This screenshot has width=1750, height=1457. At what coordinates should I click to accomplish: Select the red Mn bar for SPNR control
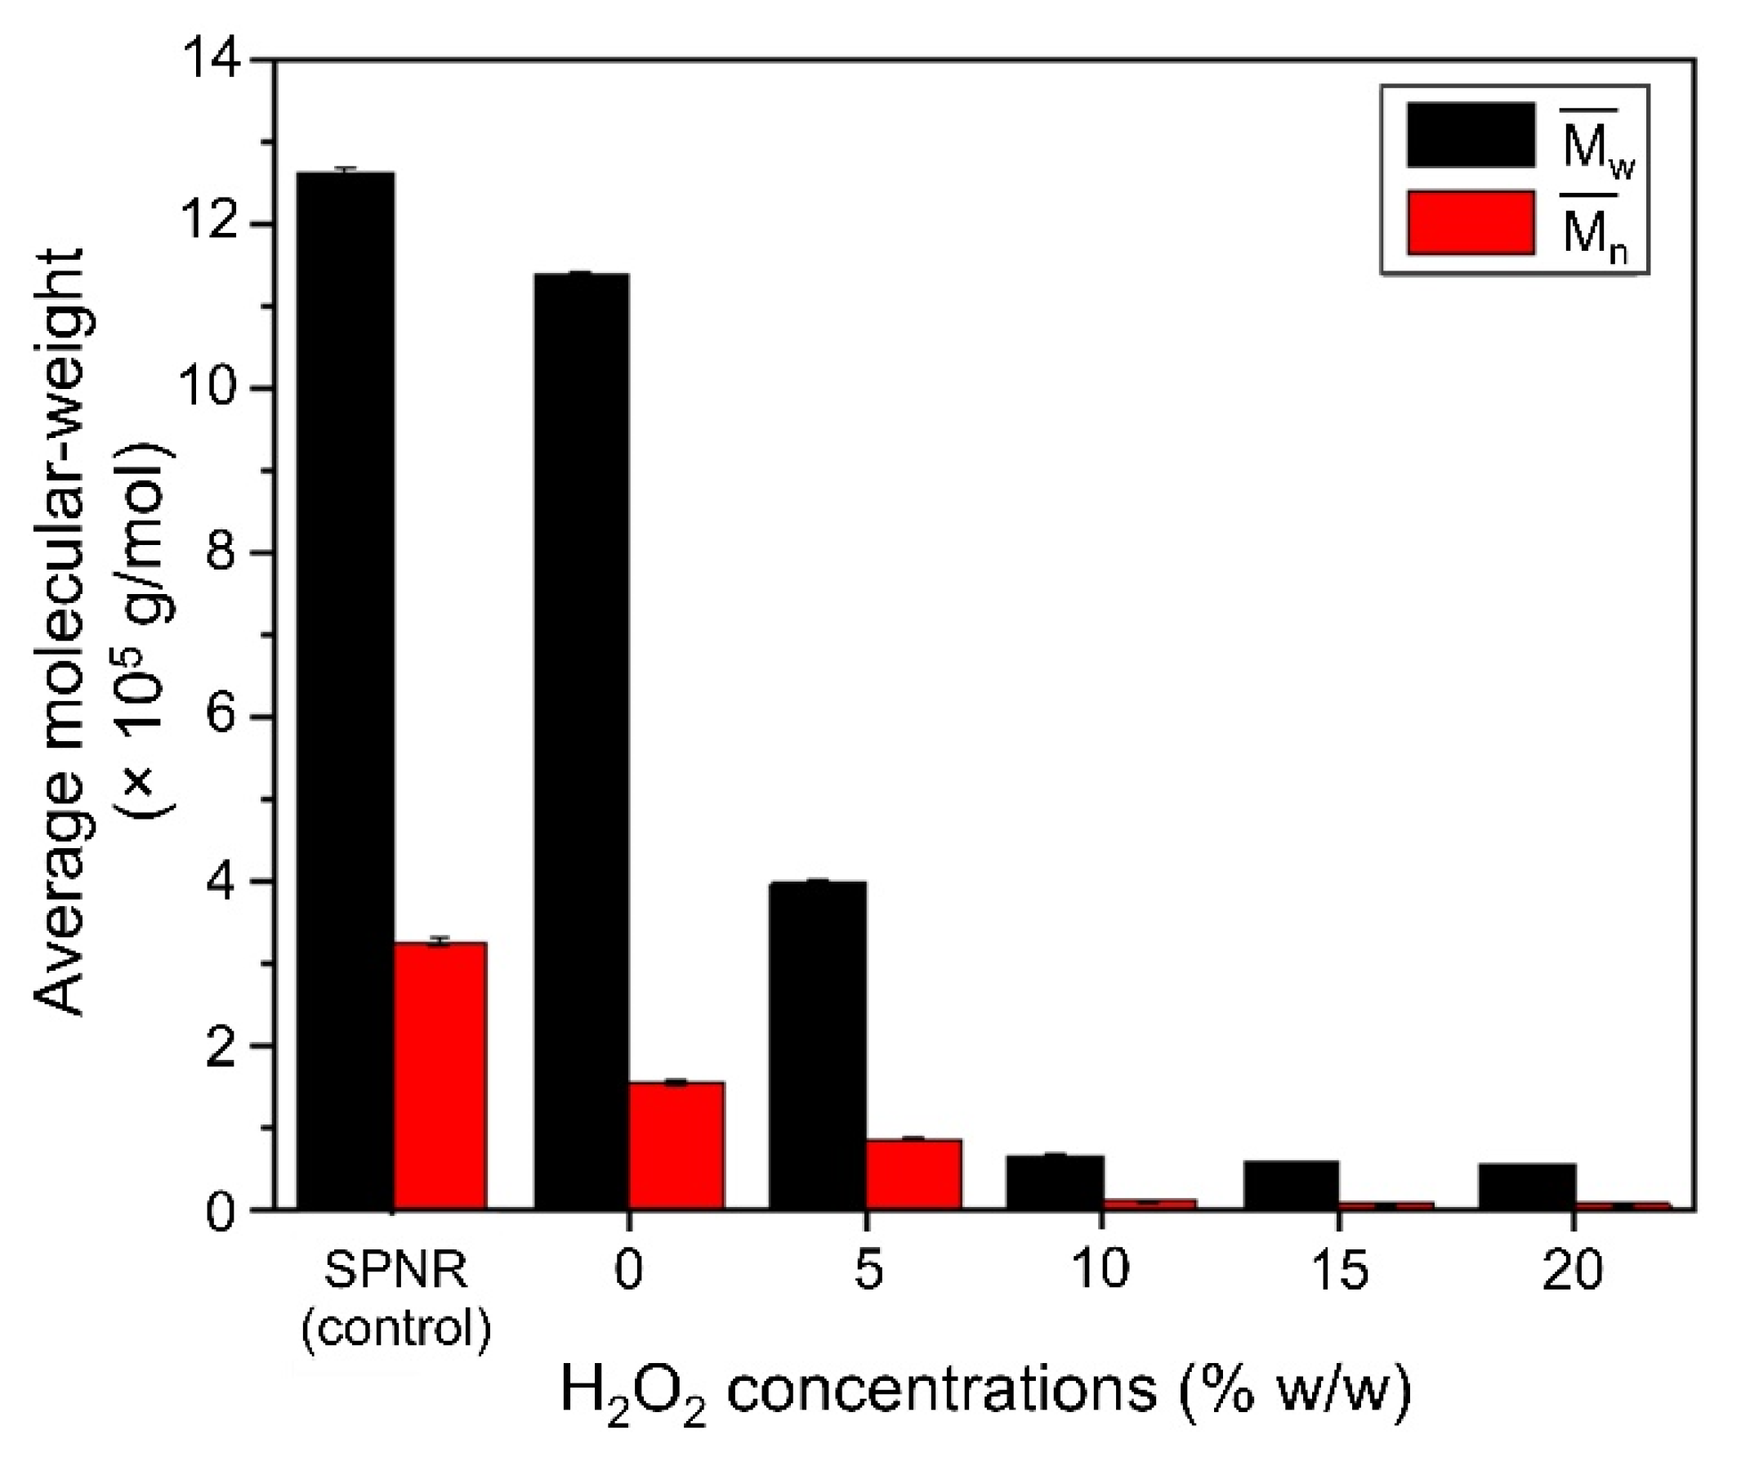[x=440, y=1075]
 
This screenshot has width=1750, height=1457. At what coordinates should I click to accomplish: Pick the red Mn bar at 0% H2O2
[x=676, y=1146]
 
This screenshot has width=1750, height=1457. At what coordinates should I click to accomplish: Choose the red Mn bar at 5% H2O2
[x=913, y=1173]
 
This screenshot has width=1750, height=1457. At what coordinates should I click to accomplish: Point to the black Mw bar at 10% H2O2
[x=1055, y=1182]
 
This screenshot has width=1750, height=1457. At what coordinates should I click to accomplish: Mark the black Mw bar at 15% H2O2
[x=1292, y=1184]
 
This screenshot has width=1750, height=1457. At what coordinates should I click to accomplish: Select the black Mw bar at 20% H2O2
[x=1528, y=1185]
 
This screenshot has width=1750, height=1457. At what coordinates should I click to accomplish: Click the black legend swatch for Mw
[x=1471, y=135]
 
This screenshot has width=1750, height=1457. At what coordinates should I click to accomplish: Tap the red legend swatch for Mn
[x=1471, y=222]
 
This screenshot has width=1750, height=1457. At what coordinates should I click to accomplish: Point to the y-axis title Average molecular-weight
[x=62, y=633]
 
